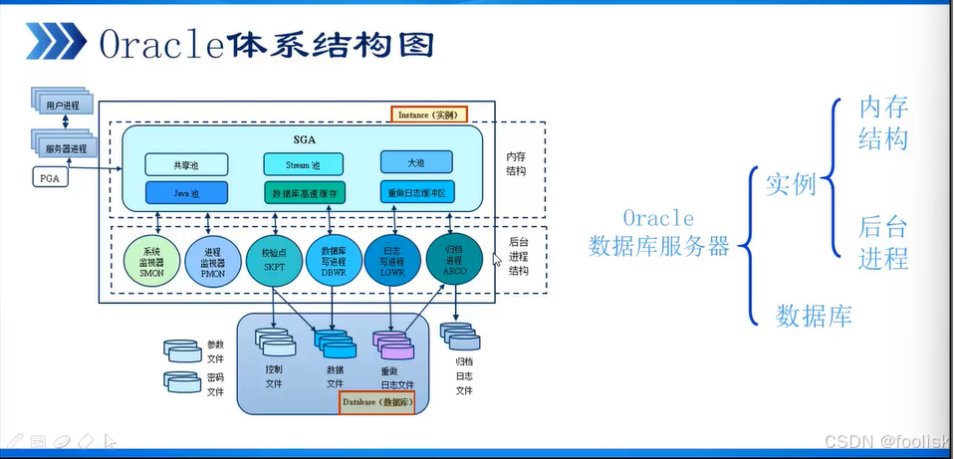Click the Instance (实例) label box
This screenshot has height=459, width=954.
click(428, 115)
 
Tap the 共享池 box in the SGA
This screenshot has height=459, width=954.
click(186, 163)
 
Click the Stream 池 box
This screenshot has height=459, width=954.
click(304, 163)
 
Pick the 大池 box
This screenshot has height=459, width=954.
click(416, 161)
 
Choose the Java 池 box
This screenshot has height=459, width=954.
click(186, 191)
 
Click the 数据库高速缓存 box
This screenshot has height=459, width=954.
click(304, 191)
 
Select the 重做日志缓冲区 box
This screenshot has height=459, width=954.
click(416, 191)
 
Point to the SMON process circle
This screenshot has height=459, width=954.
click(151, 262)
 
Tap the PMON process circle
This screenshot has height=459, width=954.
click(211, 262)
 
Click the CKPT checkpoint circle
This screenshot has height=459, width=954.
click(272, 261)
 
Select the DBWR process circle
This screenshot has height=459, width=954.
click(333, 261)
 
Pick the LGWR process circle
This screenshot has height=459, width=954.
click(393, 261)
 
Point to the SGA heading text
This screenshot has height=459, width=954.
click(304, 138)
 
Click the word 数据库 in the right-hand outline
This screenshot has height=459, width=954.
click(814, 316)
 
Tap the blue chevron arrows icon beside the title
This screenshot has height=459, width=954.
click(54, 43)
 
